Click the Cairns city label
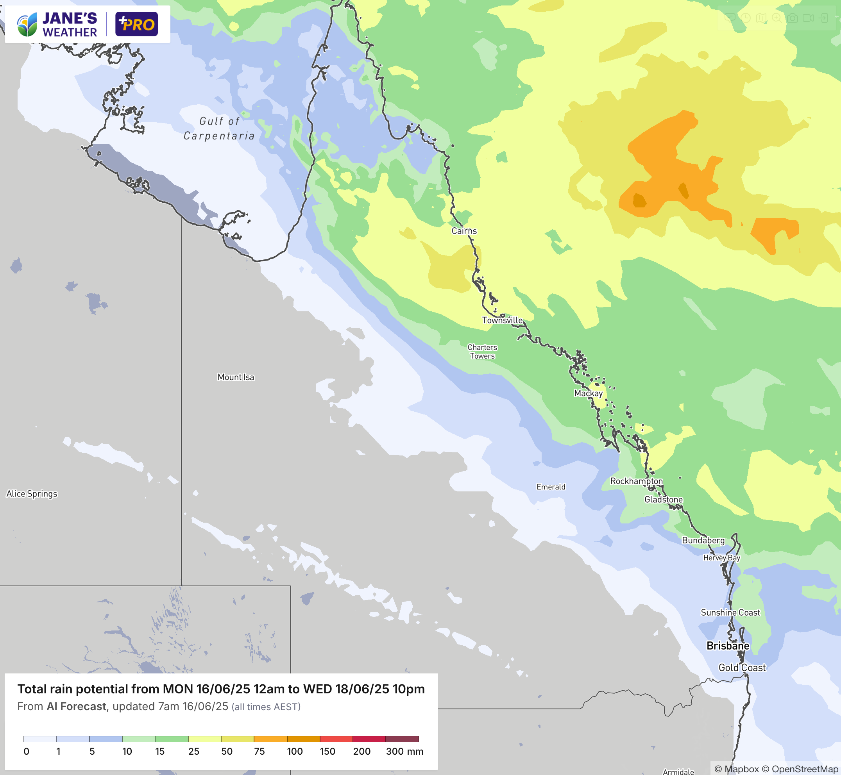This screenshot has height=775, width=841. [464, 230]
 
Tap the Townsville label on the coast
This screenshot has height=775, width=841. [502, 320]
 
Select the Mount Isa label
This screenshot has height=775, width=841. [236, 377]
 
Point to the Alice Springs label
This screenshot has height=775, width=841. [32, 494]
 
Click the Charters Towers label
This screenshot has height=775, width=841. [482, 352]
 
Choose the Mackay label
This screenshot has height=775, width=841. [588, 393]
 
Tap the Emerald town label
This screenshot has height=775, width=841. [551, 487]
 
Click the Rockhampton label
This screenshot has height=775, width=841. [636, 481]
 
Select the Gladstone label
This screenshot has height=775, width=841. [664, 500]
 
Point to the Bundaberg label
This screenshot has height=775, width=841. [703, 540]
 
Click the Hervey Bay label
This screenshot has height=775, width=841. [721, 558]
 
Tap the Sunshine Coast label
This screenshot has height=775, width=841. [730, 612]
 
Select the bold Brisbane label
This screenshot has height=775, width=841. [728, 645]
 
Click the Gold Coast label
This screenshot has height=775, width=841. [742, 668]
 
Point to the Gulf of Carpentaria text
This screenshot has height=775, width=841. [219, 129]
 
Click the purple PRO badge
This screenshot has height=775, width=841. [136, 24]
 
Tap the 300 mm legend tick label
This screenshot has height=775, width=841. [404, 751]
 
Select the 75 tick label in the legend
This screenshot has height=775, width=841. [259, 751]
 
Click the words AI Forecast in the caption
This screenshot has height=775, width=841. [76, 706]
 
